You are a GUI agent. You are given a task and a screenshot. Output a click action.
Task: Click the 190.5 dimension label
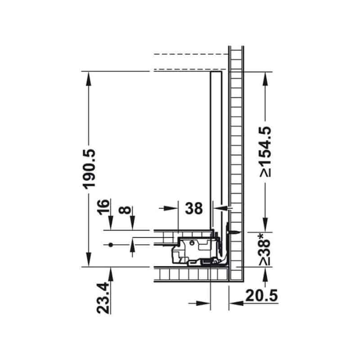coord(89,169)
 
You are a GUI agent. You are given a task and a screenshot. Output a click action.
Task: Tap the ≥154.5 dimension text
coord(265,152)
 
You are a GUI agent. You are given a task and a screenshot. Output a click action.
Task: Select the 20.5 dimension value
coord(261,295)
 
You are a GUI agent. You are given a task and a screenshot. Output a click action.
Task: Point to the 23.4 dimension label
coord(103,298)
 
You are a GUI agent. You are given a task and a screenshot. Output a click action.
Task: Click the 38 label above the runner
coord(194,208)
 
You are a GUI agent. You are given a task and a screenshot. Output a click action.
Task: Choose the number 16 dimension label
coord(103,207)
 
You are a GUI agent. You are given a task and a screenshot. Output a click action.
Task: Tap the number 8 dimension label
coord(125,210)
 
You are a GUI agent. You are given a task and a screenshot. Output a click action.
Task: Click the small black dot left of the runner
coord(111,245)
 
